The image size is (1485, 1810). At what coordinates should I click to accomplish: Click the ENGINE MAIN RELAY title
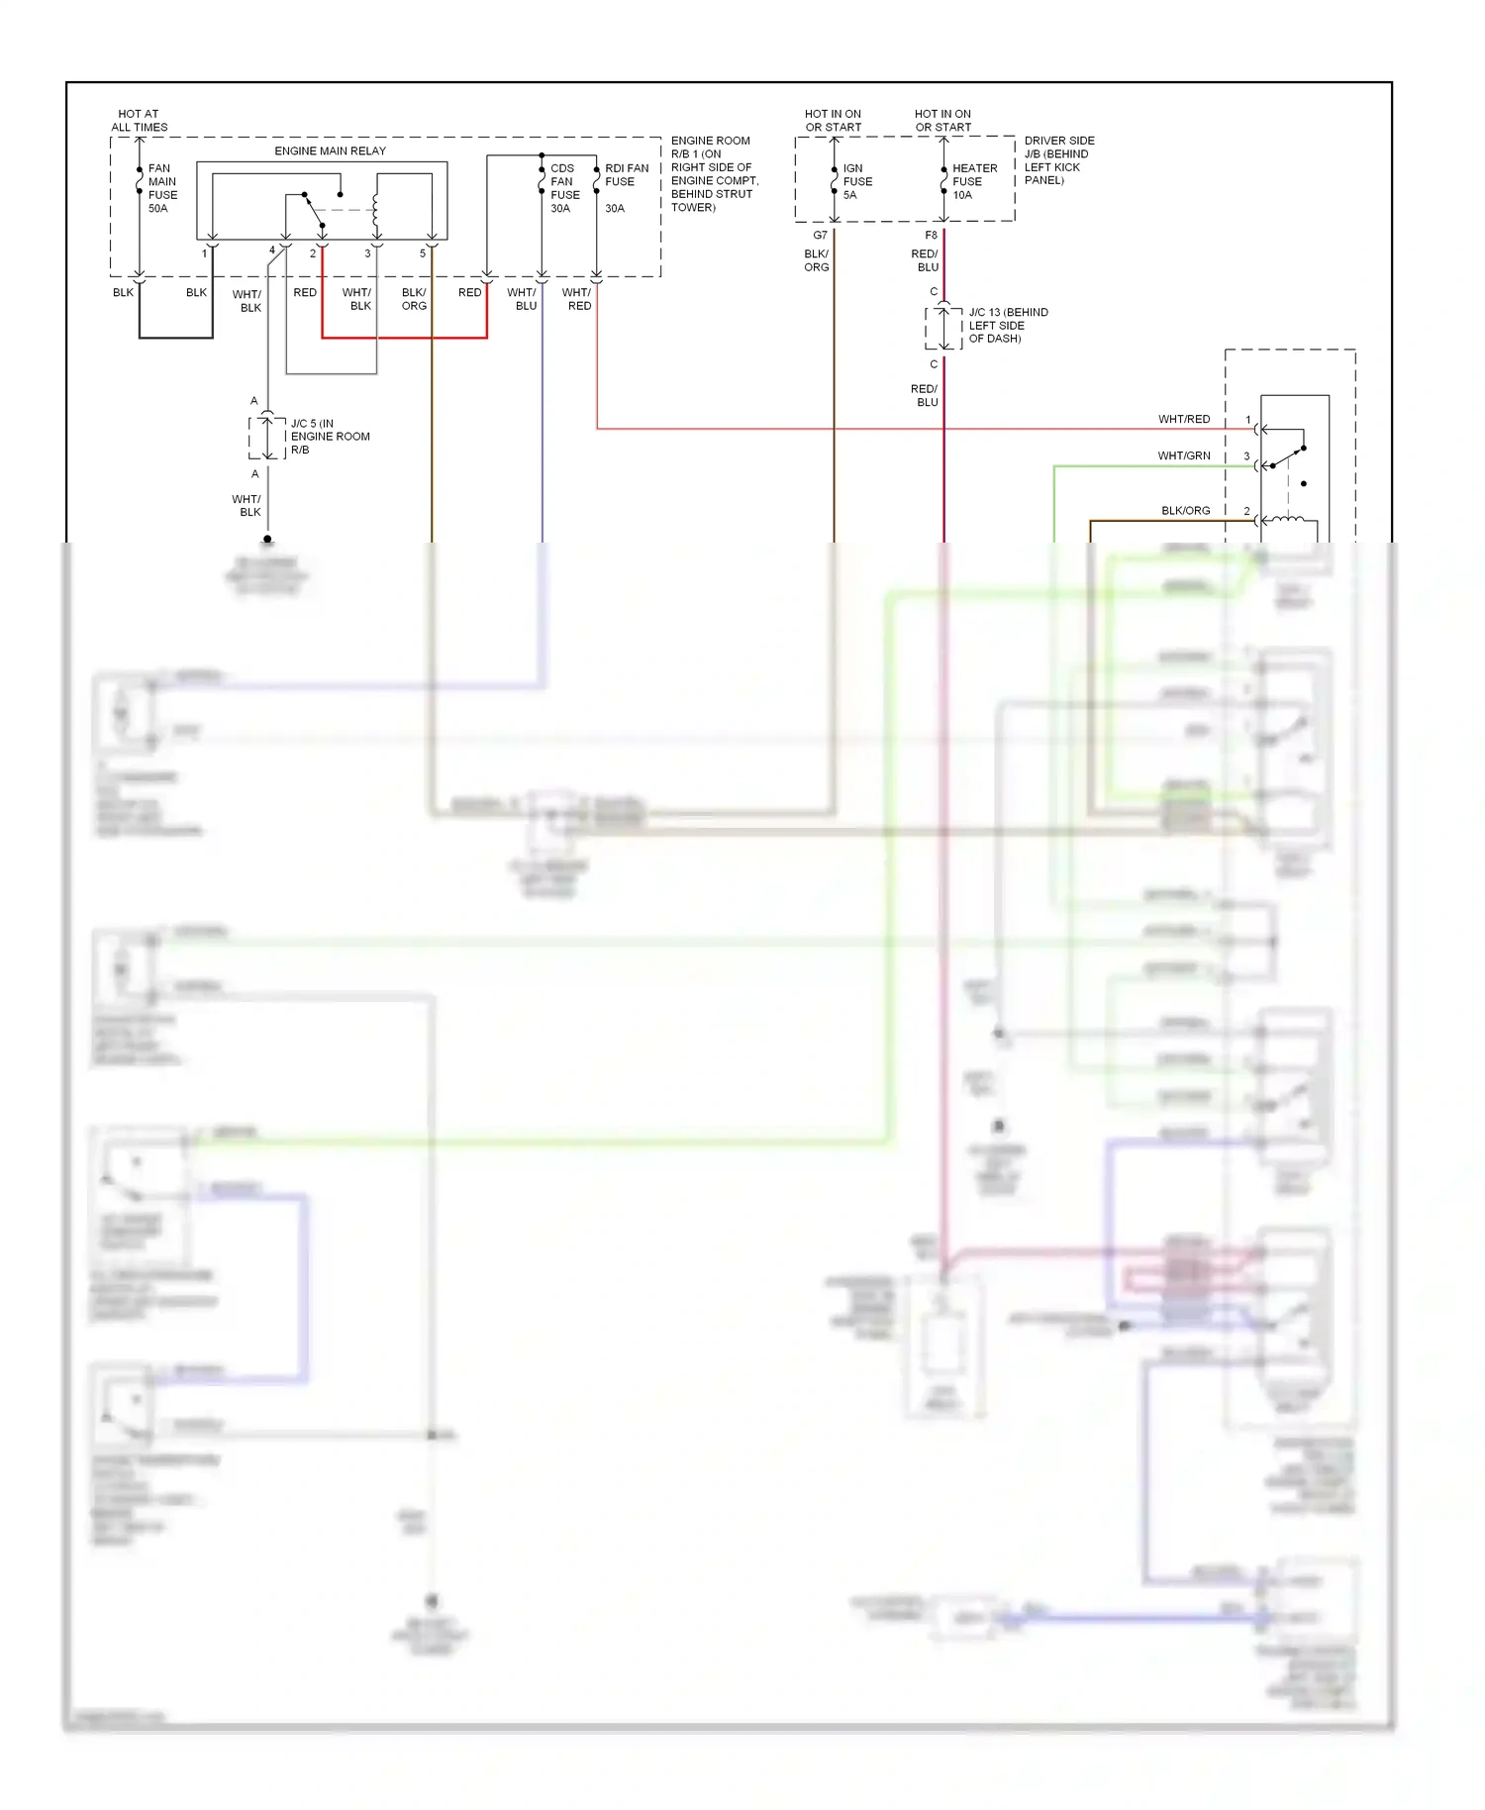[x=330, y=151]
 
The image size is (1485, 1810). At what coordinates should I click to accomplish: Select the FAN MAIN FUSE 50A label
[x=162, y=188]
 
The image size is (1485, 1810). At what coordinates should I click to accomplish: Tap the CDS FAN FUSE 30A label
[x=563, y=188]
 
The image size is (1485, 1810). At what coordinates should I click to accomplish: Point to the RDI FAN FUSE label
[x=626, y=175]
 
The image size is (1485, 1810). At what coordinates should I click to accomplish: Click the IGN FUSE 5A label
[x=856, y=181]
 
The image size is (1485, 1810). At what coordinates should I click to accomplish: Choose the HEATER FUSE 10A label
[x=973, y=181]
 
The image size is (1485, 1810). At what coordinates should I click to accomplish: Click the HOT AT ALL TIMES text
[x=139, y=121]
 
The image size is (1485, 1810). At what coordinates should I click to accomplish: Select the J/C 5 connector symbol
[x=267, y=437]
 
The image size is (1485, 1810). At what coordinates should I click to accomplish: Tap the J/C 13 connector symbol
[x=943, y=328]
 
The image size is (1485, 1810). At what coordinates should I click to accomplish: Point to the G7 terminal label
[x=820, y=236]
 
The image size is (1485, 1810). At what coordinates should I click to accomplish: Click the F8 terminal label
[x=931, y=236]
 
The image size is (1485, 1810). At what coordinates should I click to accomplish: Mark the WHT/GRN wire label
[x=1183, y=455]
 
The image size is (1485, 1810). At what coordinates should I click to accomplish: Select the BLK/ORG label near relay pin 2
[x=1185, y=511]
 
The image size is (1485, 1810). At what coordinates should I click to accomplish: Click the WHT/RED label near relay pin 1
[x=1183, y=419]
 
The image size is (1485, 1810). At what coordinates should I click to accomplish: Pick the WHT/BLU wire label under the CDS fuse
[x=523, y=299]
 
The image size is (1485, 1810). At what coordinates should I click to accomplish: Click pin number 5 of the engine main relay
[x=423, y=253]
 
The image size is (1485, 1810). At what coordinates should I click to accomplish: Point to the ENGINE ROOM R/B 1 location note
[x=713, y=173]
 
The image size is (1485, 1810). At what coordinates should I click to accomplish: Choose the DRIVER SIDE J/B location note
[x=1058, y=160]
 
